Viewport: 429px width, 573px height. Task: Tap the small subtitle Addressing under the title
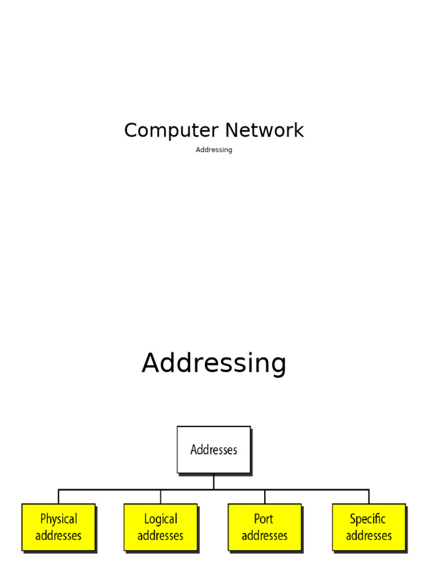(214, 150)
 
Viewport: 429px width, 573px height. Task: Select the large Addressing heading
(214, 363)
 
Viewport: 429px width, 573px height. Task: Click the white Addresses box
(214, 449)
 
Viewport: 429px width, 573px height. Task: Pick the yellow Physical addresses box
(59, 527)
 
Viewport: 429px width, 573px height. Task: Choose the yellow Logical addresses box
(160, 527)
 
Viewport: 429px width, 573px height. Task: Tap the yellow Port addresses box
(265, 527)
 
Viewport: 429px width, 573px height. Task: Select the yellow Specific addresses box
(369, 527)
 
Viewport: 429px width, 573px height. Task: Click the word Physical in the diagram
(59, 519)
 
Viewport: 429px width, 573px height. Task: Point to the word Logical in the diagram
(160, 519)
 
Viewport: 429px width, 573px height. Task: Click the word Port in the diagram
(264, 519)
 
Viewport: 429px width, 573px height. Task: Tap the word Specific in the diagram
(368, 519)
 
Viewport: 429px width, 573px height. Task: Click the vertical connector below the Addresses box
(214, 481)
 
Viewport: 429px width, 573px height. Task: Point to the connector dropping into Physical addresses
(59, 497)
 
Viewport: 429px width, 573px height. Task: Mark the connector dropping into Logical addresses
(160, 497)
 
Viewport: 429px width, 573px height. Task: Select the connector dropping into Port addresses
(265, 497)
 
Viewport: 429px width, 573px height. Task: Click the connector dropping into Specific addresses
(369, 497)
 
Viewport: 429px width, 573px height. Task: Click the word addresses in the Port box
(265, 536)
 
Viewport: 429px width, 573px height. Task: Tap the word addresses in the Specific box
(369, 536)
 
